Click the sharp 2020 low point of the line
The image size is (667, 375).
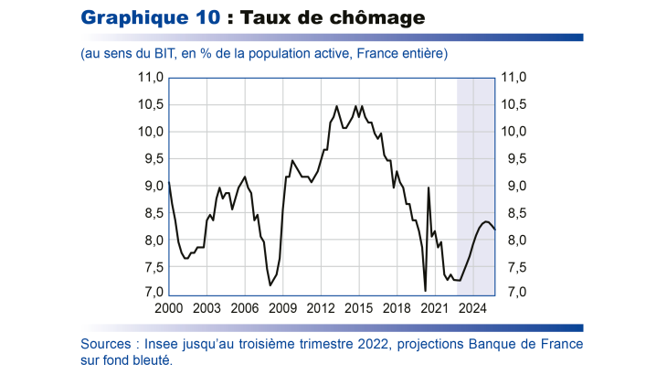pos(425,291)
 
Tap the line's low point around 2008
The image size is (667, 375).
pos(270,285)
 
